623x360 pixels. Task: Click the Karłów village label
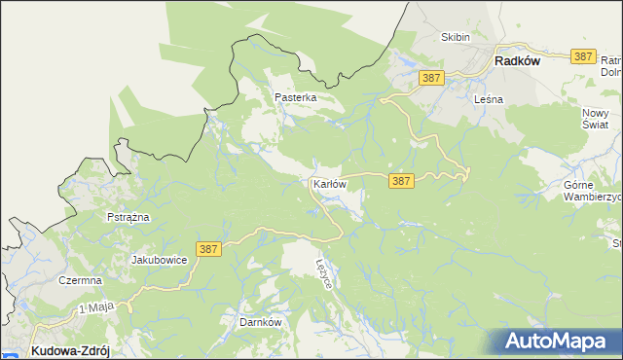click(x=329, y=184)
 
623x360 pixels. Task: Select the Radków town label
click(x=517, y=60)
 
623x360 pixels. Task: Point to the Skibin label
click(x=456, y=38)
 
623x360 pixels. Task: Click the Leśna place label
click(x=487, y=99)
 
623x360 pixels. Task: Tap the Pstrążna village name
click(x=128, y=217)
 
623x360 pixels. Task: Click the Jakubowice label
click(x=159, y=261)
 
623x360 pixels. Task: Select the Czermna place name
click(x=80, y=280)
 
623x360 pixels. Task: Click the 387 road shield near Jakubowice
click(x=208, y=250)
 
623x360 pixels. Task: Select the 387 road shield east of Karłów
click(x=402, y=181)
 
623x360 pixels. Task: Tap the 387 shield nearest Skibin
click(x=432, y=77)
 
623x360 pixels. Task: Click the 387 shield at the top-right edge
click(x=583, y=56)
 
